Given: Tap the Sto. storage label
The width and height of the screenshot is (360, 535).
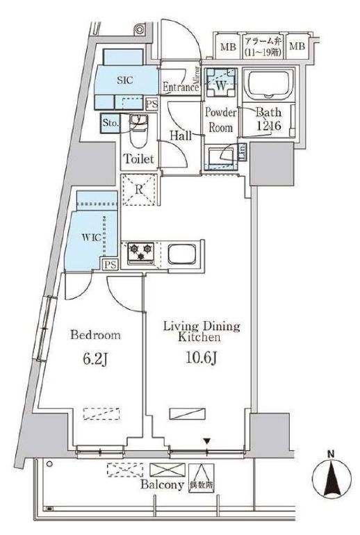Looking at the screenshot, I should [111, 123].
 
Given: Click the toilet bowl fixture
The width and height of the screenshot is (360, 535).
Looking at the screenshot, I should [139, 129].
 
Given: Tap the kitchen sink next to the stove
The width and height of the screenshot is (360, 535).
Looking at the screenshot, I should [183, 253].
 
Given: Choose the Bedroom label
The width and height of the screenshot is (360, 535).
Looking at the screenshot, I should [95, 335].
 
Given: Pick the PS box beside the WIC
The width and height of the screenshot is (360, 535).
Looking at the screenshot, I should [111, 265].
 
